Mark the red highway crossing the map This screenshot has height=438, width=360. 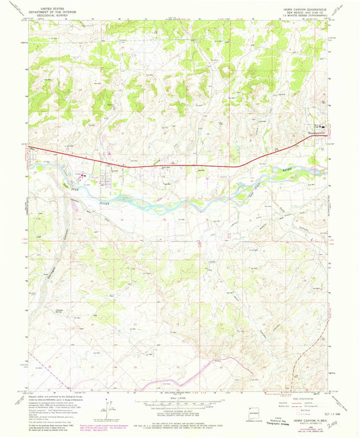[x=169, y=164]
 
